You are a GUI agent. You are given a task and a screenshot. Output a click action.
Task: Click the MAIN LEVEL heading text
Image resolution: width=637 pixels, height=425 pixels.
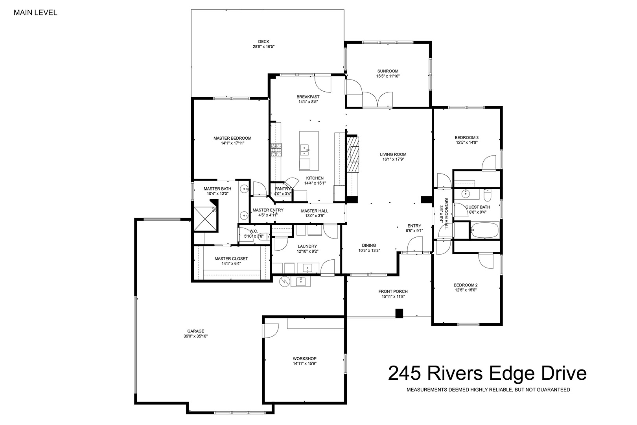(35, 13)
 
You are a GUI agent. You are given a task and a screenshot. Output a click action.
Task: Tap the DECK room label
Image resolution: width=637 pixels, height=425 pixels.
(263, 42)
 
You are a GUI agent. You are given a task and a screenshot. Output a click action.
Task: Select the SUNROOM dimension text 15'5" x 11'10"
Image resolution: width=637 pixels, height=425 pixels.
(388, 76)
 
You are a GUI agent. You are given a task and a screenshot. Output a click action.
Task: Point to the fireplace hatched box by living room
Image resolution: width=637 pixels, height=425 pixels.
(353, 154)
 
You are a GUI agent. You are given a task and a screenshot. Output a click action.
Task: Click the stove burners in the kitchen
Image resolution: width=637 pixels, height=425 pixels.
(276, 150)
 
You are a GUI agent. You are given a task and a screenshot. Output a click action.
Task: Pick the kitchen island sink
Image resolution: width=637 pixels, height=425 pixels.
(305, 150)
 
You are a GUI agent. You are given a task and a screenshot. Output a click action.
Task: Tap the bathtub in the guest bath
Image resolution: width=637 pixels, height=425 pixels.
(485, 230)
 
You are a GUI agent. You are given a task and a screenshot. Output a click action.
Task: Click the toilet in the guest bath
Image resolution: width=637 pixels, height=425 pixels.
(488, 194)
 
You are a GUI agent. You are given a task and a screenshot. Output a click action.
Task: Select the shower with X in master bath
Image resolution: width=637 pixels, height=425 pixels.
(205, 218)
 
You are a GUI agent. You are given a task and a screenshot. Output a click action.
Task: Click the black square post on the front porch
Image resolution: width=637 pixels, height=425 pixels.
(399, 313)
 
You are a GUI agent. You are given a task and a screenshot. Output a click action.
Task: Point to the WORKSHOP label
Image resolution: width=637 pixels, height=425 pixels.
(305, 358)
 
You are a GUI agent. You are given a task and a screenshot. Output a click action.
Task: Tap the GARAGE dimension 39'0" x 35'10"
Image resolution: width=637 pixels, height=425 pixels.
(196, 336)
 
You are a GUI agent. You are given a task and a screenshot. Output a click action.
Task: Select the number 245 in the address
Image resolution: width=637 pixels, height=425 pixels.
(404, 373)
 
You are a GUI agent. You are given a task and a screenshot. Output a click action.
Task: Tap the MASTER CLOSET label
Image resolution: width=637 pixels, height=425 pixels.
(231, 259)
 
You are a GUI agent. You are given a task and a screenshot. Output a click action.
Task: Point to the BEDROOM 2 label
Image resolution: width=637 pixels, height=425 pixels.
(466, 285)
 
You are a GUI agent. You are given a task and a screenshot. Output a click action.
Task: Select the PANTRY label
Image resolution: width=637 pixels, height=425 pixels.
(283, 188)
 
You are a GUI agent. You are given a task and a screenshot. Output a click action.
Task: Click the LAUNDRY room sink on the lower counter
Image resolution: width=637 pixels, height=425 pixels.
(307, 268)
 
